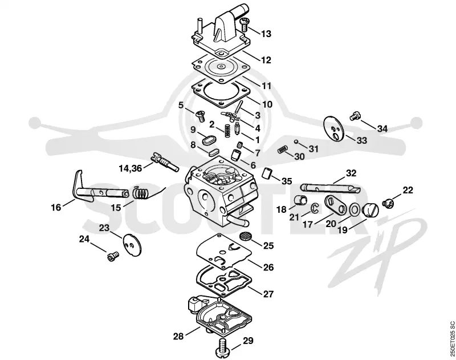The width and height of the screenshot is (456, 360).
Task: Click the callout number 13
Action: click(x=266, y=34)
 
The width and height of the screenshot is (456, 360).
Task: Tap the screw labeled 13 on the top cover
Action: click(x=245, y=24)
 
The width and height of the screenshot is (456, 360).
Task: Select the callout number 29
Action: click(x=248, y=341)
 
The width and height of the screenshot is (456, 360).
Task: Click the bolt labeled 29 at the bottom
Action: click(x=223, y=347)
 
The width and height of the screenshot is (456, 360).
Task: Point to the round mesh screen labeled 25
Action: click(x=245, y=236)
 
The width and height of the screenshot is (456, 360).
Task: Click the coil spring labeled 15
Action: click(x=140, y=193)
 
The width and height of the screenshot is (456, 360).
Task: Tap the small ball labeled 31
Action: click(x=295, y=141)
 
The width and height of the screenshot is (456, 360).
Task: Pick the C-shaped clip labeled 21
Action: click(x=315, y=208)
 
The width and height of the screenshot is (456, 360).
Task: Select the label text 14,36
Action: click(x=131, y=168)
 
